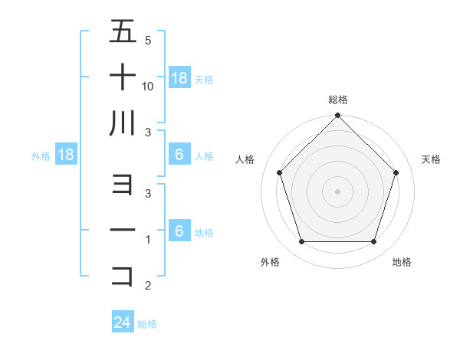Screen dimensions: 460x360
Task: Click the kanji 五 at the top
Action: tap(123, 33)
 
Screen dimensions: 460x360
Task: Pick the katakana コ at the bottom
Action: tap(123, 275)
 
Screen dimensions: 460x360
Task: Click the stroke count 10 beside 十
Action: tap(148, 87)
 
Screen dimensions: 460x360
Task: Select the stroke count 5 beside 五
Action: tap(147, 40)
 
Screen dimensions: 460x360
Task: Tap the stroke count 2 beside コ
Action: tap(147, 286)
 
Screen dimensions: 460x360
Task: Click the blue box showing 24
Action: tap(123, 322)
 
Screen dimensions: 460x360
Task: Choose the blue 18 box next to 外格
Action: tap(66, 155)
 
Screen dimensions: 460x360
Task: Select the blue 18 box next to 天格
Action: tap(179, 77)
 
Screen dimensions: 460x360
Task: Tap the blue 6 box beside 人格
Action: tap(179, 155)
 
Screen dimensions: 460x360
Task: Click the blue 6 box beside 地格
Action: tap(179, 231)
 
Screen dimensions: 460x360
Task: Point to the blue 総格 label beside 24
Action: tap(147, 324)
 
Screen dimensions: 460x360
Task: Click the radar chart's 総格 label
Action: tap(338, 100)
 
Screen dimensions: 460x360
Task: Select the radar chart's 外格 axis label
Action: tap(270, 262)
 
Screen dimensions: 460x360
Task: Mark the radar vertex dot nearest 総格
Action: tap(337, 116)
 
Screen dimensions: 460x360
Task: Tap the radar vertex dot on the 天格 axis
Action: tap(396, 173)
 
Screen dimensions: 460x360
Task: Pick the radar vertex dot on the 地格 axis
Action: tap(374, 242)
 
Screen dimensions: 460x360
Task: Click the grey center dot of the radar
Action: tap(337, 191)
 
